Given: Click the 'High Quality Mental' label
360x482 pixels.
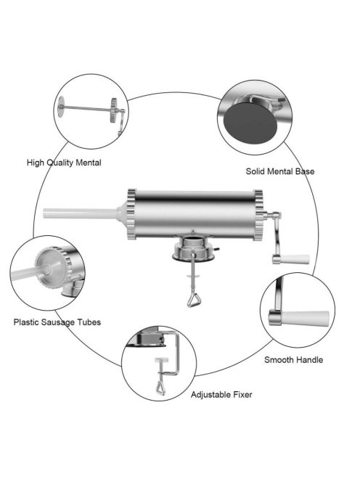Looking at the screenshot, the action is click(x=64, y=163).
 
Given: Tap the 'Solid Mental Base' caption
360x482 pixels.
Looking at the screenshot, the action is click(x=280, y=171).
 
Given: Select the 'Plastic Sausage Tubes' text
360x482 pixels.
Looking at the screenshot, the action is click(x=57, y=322).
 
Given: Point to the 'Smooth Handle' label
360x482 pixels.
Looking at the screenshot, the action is click(x=294, y=359).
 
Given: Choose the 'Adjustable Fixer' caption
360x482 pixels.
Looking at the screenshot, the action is click(x=221, y=395).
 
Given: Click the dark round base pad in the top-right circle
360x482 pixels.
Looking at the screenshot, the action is click(x=250, y=123).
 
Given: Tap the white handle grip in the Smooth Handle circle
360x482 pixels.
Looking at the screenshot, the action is click(x=306, y=319).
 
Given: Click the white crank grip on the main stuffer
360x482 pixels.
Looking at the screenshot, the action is click(x=295, y=259).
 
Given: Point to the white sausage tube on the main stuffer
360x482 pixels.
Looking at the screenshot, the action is click(x=81, y=213).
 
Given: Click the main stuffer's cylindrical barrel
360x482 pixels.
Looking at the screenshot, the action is click(x=195, y=214).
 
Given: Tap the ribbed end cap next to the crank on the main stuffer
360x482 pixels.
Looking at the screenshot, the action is click(x=258, y=215).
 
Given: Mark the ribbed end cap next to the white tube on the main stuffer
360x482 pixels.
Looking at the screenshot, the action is click(x=131, y=214).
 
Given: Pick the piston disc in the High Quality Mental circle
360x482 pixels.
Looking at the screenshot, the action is click(x=62, y=107).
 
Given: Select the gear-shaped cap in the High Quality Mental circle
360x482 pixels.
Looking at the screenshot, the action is click(x=114, y=110).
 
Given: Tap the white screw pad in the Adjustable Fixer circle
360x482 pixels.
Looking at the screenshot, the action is click(x=162, y=360).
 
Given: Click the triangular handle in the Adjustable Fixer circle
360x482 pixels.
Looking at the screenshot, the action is click(x=160, y=388).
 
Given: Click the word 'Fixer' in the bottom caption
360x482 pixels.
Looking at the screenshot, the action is click(x=241, y=395).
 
